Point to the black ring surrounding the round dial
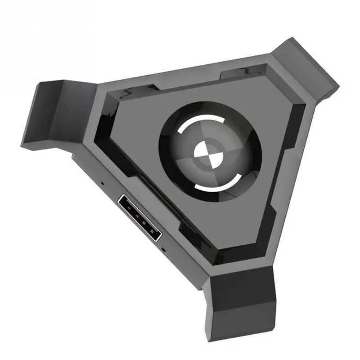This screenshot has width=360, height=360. [169, 135]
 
